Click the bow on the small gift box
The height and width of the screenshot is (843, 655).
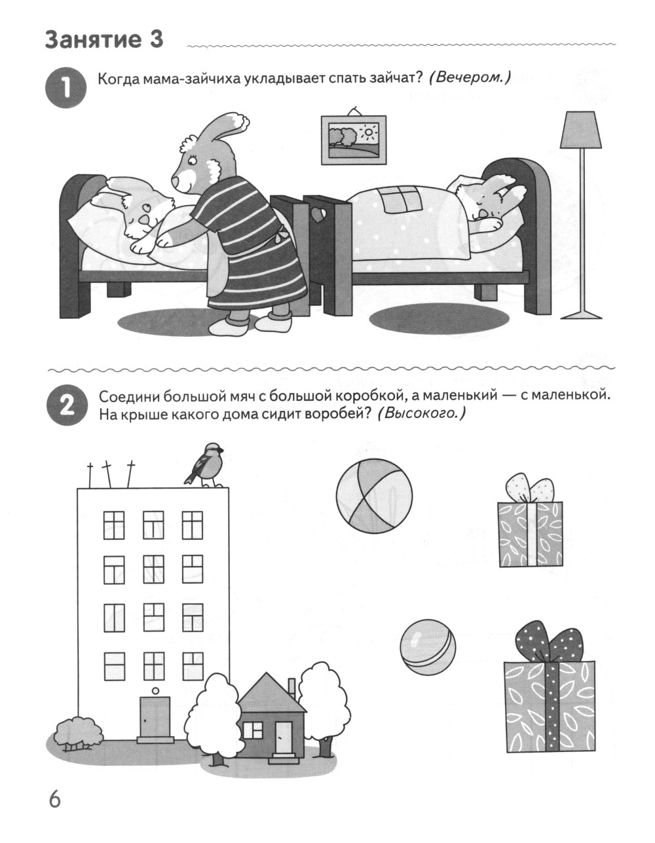(530, 487)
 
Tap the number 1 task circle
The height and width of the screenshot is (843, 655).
(66, 88)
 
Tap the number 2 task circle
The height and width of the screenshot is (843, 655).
(66, 406)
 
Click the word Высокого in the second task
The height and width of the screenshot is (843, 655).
(421, 414)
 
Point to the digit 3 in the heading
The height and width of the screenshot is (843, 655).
(155, 40)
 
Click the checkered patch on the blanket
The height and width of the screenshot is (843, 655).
(402, 198)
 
